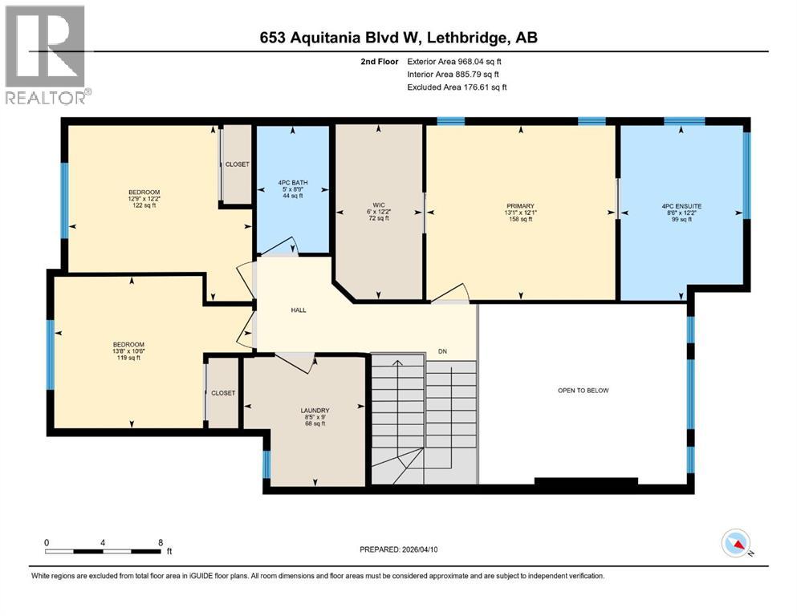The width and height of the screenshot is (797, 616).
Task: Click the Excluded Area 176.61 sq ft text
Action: [x=457, y=87]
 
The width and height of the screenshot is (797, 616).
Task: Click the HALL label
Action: [x=298, y=310]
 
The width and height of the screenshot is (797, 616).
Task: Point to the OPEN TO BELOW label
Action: [x=584, y=391]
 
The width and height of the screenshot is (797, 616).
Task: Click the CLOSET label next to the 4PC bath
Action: [x=237, y=164]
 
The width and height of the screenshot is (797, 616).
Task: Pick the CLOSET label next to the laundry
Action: [x=223, y=393]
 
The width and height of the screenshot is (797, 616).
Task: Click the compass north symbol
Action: [x=738, y=544]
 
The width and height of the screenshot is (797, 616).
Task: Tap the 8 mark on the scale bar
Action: [x=161, y=541]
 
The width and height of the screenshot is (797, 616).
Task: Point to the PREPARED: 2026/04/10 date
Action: [x=399, y=549]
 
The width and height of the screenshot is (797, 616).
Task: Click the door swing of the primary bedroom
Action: [x=453, y=294]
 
